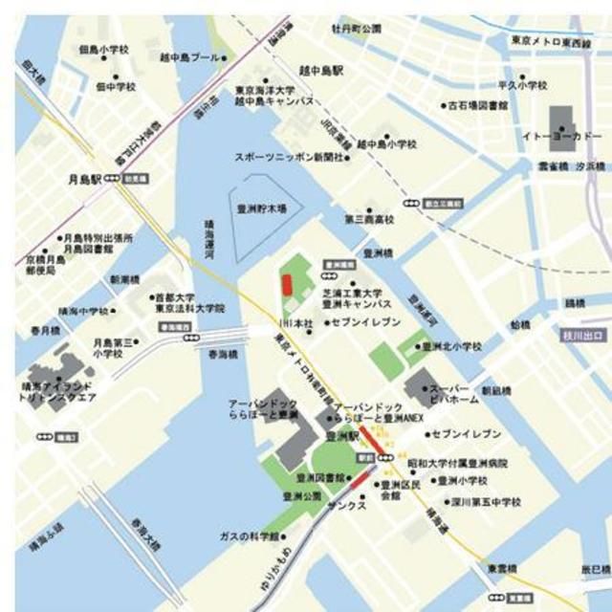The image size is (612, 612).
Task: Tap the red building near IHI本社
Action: pyautogui.click(x=286, y=285)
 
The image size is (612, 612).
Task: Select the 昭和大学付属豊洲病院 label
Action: pyautogui.click(x=457, y=464)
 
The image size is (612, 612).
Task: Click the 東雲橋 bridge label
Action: pyautogui.click(x=503, y=566)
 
